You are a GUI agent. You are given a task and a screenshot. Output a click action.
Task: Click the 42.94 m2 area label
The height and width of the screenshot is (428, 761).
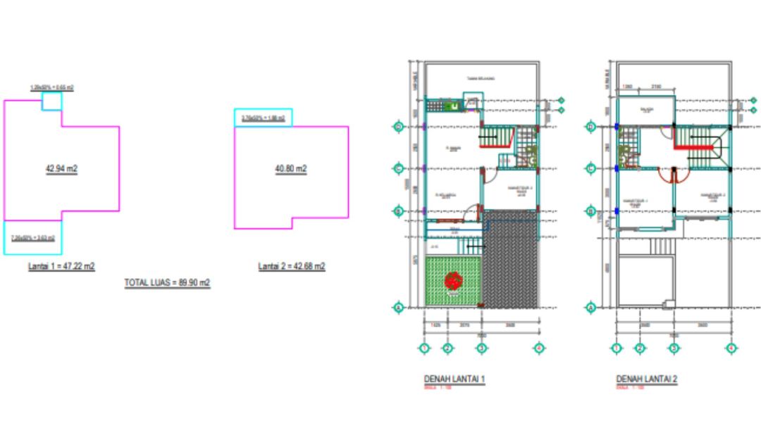click(61, 169)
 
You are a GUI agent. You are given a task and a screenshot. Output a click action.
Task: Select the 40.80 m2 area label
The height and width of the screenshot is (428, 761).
click(291, 169)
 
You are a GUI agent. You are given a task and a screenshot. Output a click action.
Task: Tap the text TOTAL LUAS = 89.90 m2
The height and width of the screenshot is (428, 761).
click(168, 282)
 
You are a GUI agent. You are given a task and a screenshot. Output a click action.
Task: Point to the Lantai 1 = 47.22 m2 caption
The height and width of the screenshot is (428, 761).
click(61, 267)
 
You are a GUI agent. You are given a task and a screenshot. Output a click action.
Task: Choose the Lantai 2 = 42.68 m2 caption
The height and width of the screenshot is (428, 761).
click(291, 266)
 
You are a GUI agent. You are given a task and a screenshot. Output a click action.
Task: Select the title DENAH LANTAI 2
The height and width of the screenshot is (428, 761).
click(646, 379)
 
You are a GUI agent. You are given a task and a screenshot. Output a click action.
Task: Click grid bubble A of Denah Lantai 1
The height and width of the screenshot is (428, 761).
click(398, 308)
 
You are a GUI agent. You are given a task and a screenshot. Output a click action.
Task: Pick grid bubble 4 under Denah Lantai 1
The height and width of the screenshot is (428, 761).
click(538, 348)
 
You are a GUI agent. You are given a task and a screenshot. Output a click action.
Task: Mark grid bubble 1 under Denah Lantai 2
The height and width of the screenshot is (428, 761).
click(617, 348)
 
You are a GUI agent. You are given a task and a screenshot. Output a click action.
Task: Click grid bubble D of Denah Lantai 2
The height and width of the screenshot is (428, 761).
click(591, 127)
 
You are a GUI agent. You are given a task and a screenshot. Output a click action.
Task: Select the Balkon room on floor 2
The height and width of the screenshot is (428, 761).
click(646, 111)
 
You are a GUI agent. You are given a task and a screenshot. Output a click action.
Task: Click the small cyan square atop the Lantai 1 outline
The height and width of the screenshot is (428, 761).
click(51, 101)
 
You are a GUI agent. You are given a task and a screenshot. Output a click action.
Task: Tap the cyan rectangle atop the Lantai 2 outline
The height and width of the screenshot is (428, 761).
click(263, 118)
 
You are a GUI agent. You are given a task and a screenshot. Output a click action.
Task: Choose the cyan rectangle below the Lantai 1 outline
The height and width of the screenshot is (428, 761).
click(32, 237)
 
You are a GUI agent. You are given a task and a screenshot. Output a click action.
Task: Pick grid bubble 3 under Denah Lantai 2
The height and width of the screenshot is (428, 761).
click(674, 348)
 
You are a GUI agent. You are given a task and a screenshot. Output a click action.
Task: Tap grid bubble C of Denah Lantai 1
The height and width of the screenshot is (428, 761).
click(398, 169)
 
